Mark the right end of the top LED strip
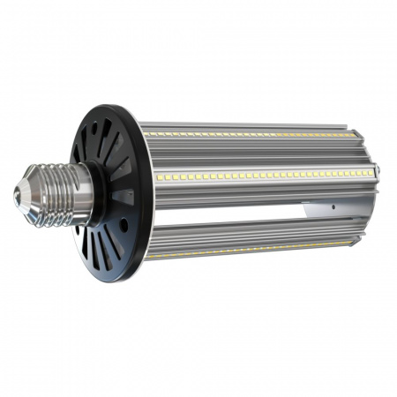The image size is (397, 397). click(348, 134)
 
